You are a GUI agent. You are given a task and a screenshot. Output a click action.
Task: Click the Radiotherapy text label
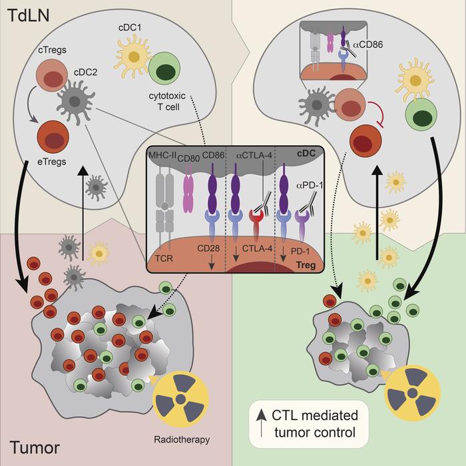(x=186, y=440)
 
